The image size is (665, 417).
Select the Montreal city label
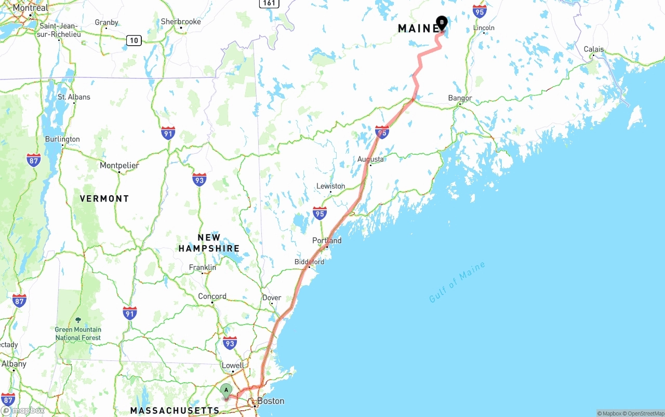pos(30,8)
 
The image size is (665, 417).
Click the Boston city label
pos(271,401)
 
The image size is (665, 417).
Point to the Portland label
pos(327,240)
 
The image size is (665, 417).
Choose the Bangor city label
pos(460,98)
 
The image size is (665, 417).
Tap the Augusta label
pos(370,159)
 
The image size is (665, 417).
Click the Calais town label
pos(593,49)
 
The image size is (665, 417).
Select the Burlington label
pos(62,139)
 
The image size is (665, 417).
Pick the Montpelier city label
pos(119,166)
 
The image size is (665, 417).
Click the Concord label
pos(212,297)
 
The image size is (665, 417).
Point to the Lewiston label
pos(330,186)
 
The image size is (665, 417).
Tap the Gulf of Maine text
pos(457,282)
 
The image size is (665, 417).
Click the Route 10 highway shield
pos(134,40)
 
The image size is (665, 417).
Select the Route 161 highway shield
pos(269,3)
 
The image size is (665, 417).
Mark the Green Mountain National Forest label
pos(78,333)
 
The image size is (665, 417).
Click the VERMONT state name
pos(104,198)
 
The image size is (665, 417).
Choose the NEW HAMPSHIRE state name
pos(209,243)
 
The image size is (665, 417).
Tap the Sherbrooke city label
pos(180,22)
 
